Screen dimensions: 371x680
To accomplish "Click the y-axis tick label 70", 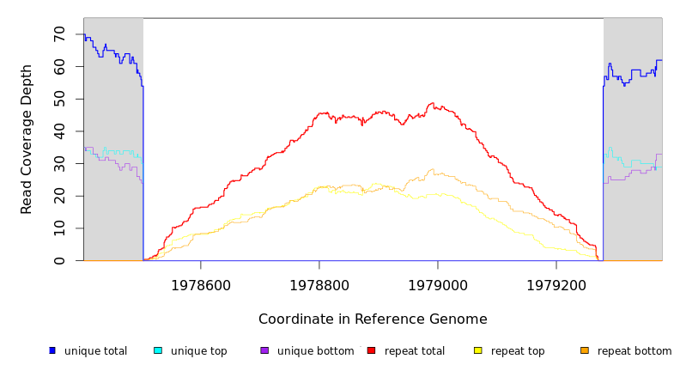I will coord(59,33).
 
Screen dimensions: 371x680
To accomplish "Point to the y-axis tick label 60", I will coord(59,66).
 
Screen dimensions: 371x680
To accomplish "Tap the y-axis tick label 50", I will coord(59,99).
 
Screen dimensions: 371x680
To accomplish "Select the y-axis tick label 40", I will coord(59,131).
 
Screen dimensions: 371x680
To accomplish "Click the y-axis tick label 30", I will coord(59,163).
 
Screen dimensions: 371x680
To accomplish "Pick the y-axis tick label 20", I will coord(59,196).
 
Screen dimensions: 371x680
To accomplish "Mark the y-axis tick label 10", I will coord(59,228).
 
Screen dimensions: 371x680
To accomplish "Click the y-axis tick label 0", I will coord(59,260).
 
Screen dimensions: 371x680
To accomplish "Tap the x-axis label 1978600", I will coord(201,285).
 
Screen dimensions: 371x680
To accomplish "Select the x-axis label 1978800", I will coord(319,285).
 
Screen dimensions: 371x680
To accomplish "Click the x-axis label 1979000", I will coord(438,285).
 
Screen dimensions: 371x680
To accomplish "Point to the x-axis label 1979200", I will coord(556,285).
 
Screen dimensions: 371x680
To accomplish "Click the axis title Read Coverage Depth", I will coord(27,139).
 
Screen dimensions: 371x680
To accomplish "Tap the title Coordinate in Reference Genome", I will coord(373,319).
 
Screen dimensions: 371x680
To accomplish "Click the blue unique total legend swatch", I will coord(52,350).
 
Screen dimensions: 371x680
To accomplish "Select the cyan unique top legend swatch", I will coord(158,350).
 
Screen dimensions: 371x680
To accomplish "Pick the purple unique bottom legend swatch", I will coord(264,350).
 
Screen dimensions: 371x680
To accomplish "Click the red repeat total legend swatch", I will coord(371,350).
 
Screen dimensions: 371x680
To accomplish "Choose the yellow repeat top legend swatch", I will coord(478,350).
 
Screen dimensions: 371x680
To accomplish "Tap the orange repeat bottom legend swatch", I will coord(585,350).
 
